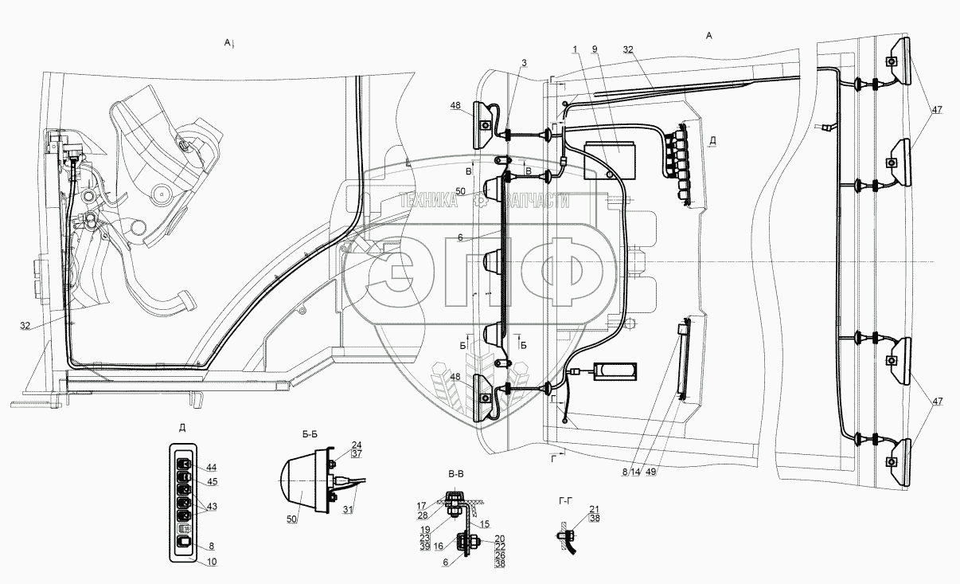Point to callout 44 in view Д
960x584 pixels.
pos(211,466)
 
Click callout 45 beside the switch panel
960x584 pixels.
pos(211,480)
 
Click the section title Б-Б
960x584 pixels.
pos(310,435)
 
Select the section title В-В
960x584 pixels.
pos(456,474)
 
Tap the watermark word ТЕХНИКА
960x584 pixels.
pos(429,203)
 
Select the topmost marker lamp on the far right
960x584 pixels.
pos(897,61)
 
